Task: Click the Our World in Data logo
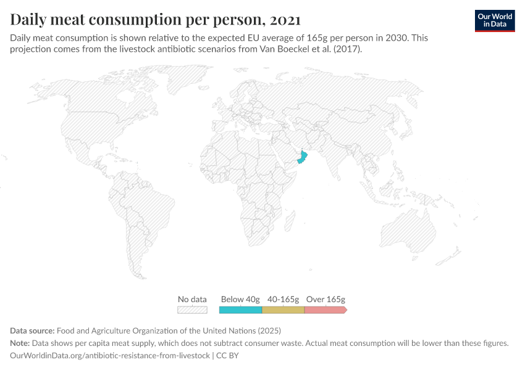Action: [x=494, y=20]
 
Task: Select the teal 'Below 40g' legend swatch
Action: [x=241, y=310]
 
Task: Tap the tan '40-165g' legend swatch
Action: [x=283, y=310]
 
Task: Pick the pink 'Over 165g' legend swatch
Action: [x=325, y=310]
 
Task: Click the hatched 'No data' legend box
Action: [x=192, y=310]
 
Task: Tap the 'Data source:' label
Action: [x=31, y=331]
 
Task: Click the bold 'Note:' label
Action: [x=22, y=343]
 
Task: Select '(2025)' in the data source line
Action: [x=269, y=331]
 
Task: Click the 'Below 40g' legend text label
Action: [x=240, y=299]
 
